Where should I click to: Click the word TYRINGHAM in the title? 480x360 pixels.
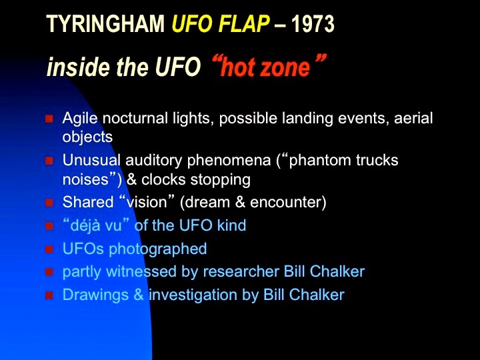pos(105,24)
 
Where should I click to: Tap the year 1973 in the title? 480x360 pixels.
pos(313,24)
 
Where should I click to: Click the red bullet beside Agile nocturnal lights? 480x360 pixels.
pos(49,119)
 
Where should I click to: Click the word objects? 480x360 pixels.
pos(87,137)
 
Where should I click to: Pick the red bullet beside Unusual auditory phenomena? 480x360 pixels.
pos(49,161)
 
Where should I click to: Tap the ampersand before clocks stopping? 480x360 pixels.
pos(131,179)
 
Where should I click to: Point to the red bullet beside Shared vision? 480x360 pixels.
pos(49,203)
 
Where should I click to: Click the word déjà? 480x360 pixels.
pos(81,225)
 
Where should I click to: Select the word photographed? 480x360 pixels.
pos(158,249)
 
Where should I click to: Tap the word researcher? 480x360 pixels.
pos(241,271)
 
